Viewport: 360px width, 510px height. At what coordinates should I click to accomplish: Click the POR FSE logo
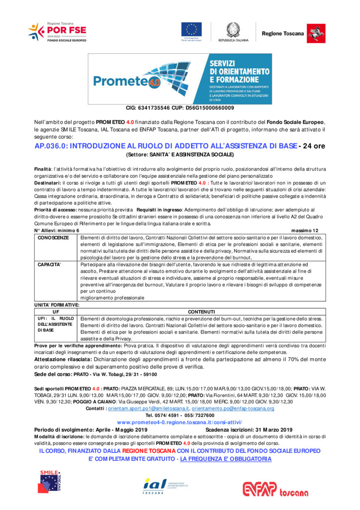click(x=57, y=31)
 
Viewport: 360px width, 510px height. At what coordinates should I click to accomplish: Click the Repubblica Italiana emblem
click(x=233, y=30)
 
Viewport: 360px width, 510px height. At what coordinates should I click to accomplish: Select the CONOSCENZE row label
click(x=53, y=238)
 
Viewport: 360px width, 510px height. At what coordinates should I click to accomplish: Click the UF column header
click(x=56, y=311)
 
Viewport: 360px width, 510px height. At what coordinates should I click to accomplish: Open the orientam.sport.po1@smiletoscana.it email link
click(x=148, y=408)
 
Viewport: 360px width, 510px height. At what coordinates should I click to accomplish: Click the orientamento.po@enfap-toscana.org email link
click(x=233, y=408)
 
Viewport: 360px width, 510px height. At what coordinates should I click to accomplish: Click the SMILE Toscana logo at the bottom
click(x=53, y=481)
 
